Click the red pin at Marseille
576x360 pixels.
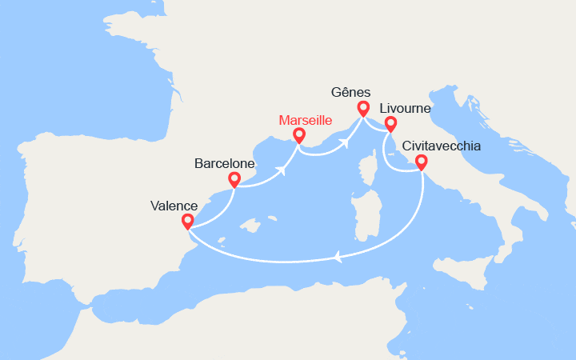click(x=299, y=135)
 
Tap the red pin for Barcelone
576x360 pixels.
click(x=234, y=179)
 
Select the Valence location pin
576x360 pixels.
click(x=187, y=221)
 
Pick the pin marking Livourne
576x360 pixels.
click(x=390, y=123)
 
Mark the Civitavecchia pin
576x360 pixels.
click(x=420, y=162)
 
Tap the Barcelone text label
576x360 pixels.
click(x=225, y=164)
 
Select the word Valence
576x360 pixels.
click(x=174, y=206)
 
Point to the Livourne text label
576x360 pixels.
click(x=406, y=107)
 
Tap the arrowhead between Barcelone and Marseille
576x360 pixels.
click(x=283, y=170)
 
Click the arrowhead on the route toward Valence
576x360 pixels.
click(x=339, y=258)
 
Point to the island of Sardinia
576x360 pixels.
click(x=366, y=219)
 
